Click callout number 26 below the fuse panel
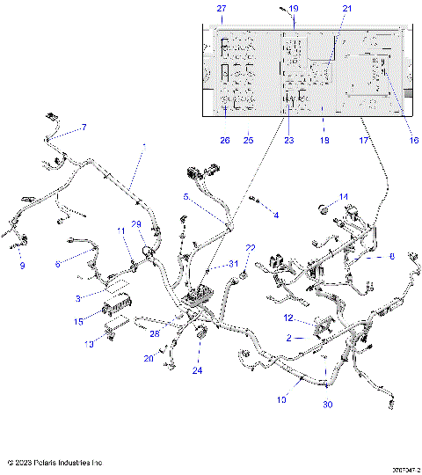click(224, 140)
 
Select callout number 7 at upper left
click(84, 128)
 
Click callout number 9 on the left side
click(23, 265)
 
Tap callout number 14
click(345, 196)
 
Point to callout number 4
click(275, 215)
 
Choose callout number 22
click(250, 248)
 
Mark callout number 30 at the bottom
click(326, 405)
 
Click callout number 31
click(233, 264)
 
